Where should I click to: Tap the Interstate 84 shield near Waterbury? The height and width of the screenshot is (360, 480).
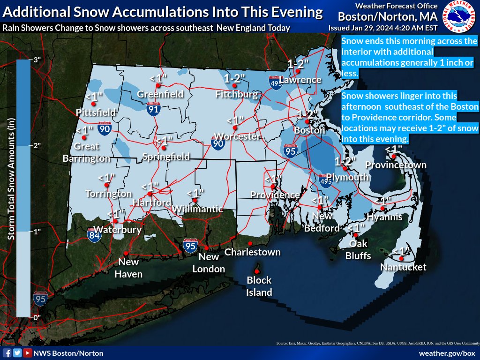click(92, 235)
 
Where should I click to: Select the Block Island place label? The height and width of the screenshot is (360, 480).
click(259, 286)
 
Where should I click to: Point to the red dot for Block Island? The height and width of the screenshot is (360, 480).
click(257, 271)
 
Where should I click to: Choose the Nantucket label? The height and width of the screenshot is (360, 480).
click(403, 267)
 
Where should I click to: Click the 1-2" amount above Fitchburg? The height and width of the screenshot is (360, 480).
click(234, 79)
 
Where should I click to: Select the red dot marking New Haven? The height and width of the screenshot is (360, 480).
click(126, 253)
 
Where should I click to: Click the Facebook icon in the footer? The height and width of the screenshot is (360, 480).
click(7, 353)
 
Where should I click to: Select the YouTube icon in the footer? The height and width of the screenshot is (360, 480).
click(28, 353)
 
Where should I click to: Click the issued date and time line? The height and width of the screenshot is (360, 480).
click(383, 28)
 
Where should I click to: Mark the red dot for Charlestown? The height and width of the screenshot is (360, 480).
click(250, 243)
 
